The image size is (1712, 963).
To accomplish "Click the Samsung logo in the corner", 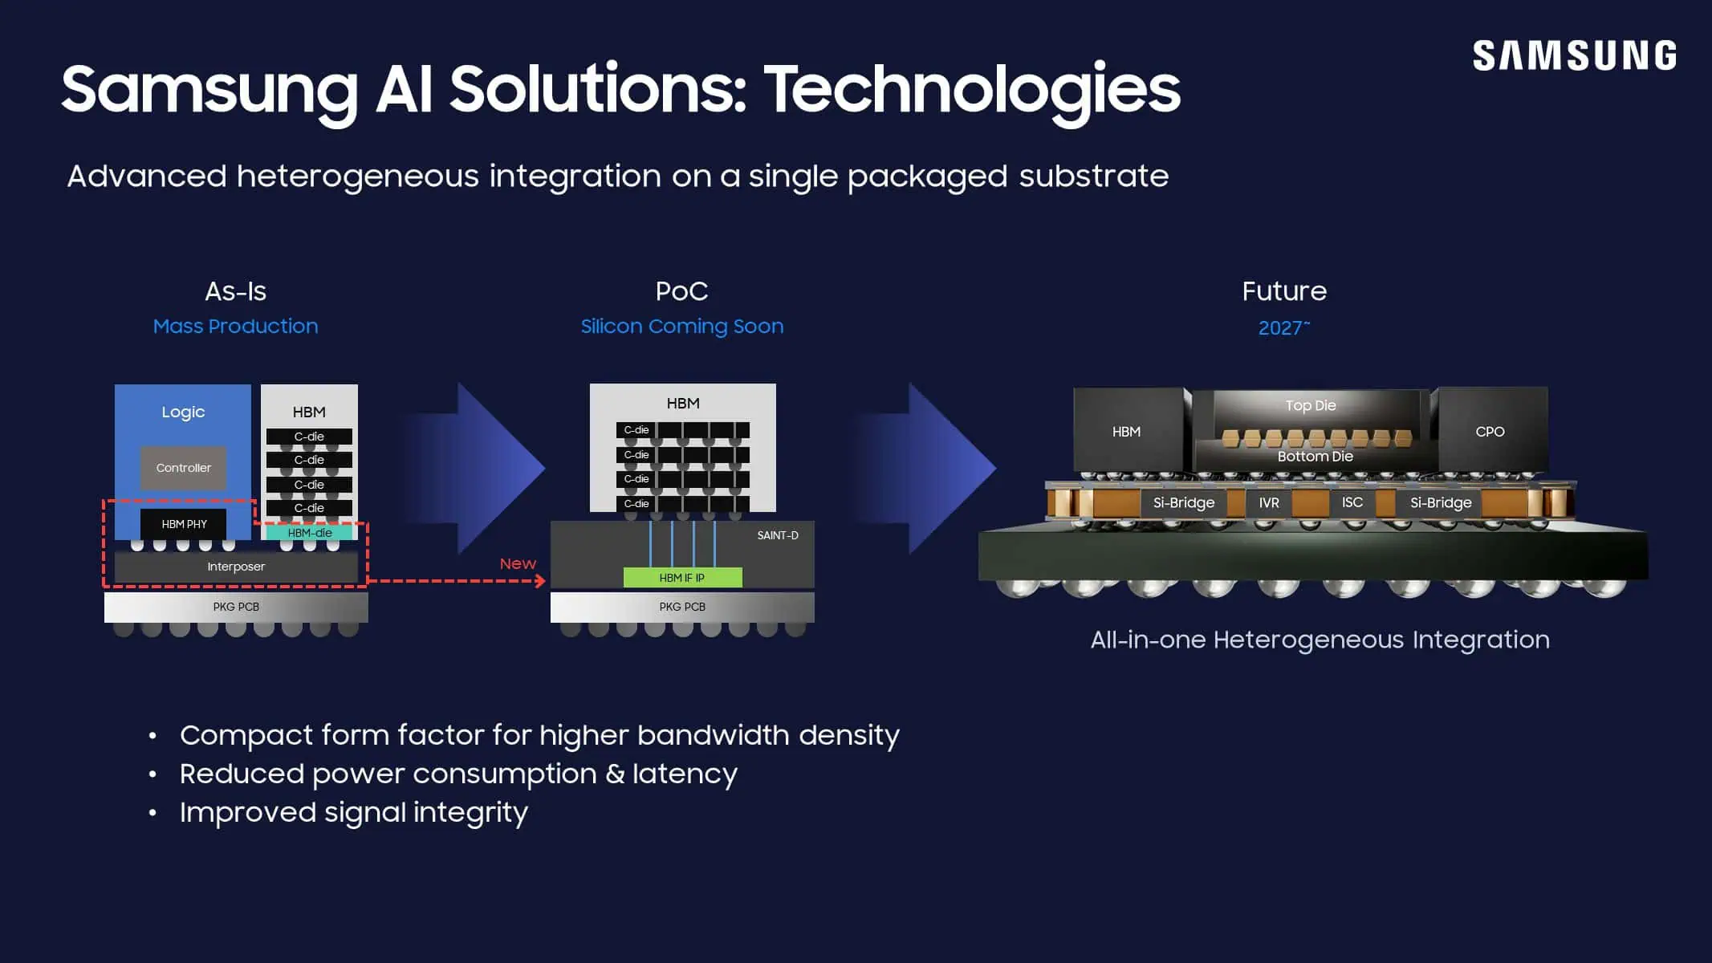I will click(x=1574, y=56).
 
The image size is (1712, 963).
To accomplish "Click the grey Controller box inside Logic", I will click(x=183, y=468).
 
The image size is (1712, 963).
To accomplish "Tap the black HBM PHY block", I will click(x=184, y=524).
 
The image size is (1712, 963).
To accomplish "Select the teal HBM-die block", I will click(x=309, y=533).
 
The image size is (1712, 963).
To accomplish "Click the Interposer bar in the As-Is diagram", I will click(x=235, y=567).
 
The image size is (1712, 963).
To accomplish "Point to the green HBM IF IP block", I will click(x=682, y=578).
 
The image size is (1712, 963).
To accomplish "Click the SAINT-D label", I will click(x=777, y=535).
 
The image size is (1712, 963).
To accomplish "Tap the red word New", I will click(x=518, y=564).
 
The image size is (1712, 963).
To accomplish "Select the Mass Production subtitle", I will click(x=235, y=327).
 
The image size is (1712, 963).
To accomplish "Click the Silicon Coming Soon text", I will click(x=681, y=327).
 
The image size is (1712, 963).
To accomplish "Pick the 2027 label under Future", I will click(x=1283, y=327).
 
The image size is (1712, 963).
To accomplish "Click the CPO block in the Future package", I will click(x=1490, y=432).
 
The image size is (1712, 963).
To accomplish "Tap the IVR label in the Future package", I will click(x=1269, y=503).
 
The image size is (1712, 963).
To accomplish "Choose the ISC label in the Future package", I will click(x=1352, y=502).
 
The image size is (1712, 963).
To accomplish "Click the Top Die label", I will click(x=1310, y=406).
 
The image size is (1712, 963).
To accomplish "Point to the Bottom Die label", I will click(x=1315, y=457).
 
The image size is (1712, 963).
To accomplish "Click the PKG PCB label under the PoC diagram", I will click(x=682, y=607).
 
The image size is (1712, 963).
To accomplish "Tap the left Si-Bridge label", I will click(x=1183, y=503).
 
